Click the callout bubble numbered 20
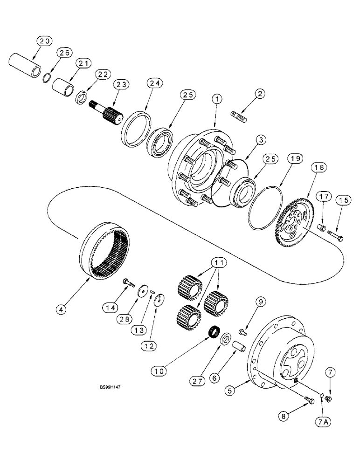click(43, 42)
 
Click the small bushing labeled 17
click(320, 228)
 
